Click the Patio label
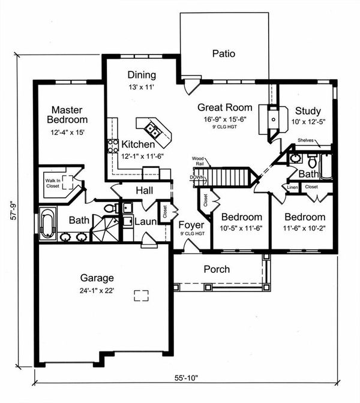coord(223,54)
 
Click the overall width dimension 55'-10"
coord(185,378)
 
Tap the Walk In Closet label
coord(53,182)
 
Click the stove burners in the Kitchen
coord(112,145)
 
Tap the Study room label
coord(307,111)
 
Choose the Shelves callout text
coord(307,141)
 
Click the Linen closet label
coord(293,187)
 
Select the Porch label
coord(217,269)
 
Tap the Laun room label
coord(145,221)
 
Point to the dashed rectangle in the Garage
coord(141,296)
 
